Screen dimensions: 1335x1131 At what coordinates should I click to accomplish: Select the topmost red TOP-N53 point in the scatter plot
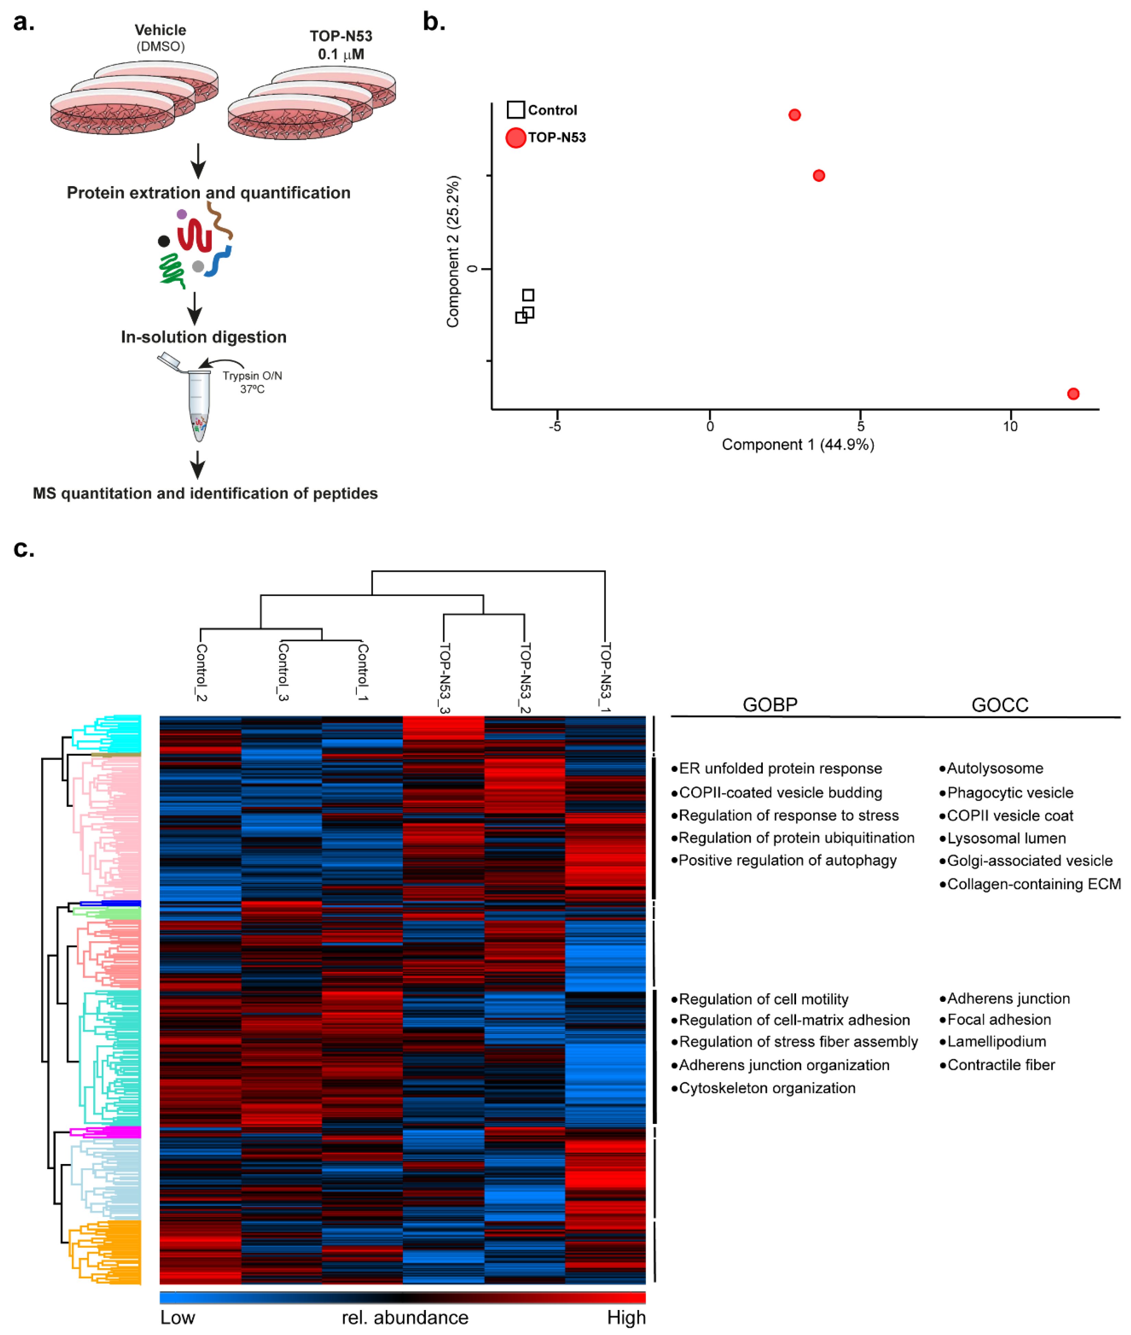click(x=794, y=115)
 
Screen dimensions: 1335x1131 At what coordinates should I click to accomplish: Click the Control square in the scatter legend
click(x=515, y=110)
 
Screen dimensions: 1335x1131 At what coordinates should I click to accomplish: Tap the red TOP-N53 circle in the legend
click(x=515, y=137)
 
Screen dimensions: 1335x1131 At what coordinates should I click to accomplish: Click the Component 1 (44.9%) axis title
click(x=798, y=445)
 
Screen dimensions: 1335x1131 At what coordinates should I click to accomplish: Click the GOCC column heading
click(x=999, y=704)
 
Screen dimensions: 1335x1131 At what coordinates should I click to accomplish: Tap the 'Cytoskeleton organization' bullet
click(x=766, y=1088)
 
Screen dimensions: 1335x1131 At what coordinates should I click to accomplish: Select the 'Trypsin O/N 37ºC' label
click(x=252, y=383)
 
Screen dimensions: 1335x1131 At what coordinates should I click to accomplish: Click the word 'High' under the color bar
click(x=626, y=1317)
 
